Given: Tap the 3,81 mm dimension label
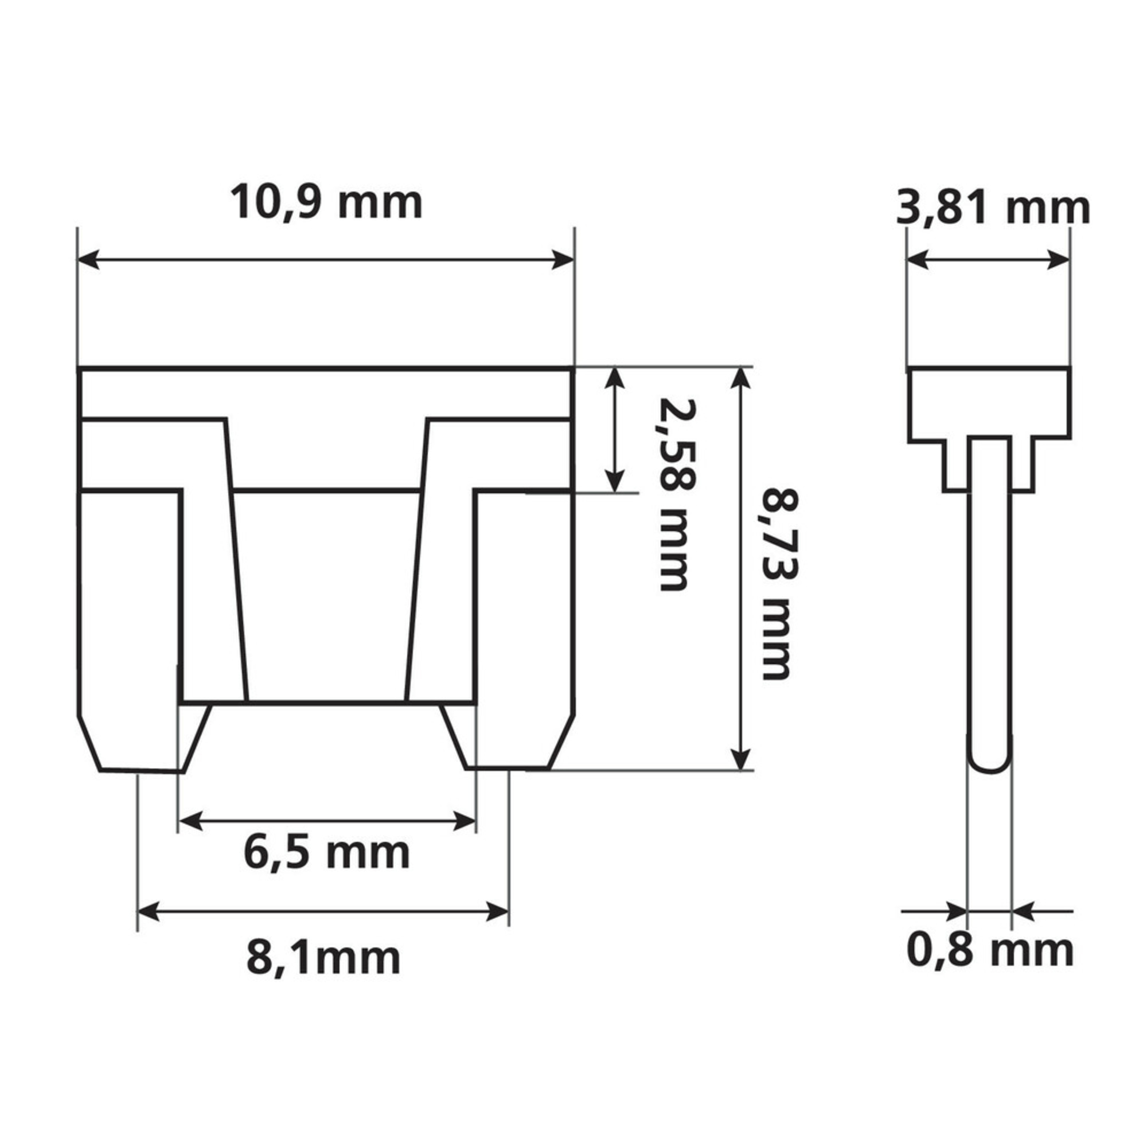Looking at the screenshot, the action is click(993, 209).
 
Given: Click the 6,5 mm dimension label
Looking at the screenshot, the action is click(326, 853).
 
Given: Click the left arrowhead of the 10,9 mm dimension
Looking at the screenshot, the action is click(89, 259).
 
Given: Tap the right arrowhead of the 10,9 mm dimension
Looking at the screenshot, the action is click(563, 259).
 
